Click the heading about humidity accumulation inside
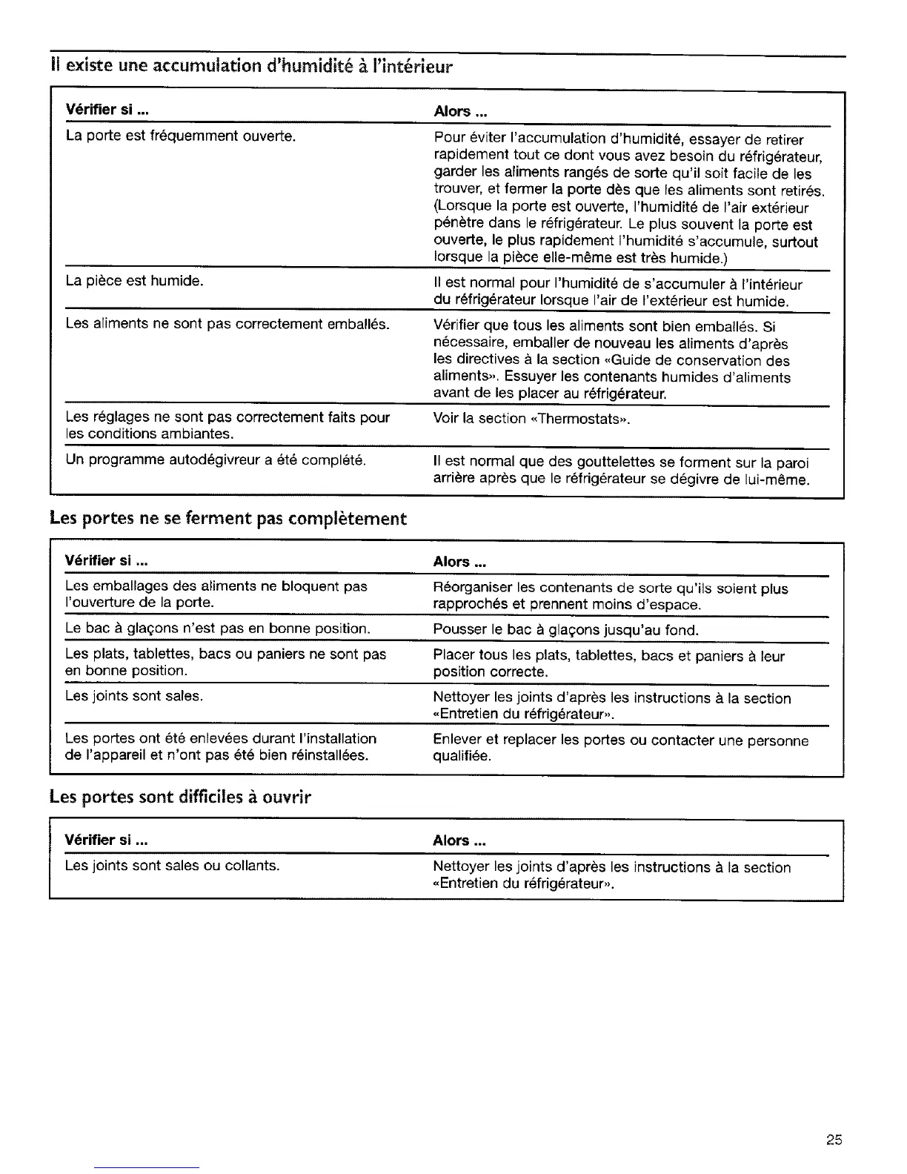(250, 67)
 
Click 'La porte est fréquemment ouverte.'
(181, 136)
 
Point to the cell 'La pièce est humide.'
(134, 281)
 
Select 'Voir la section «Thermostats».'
(531, 419)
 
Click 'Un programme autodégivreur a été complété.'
(216, 460)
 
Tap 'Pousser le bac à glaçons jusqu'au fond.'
(565, 631)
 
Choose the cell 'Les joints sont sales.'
(134, 696)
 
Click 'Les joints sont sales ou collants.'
(172, 865)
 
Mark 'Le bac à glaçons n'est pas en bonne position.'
(217, 629)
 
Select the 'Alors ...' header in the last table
(459, 840)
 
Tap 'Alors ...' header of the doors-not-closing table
(459, 562)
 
